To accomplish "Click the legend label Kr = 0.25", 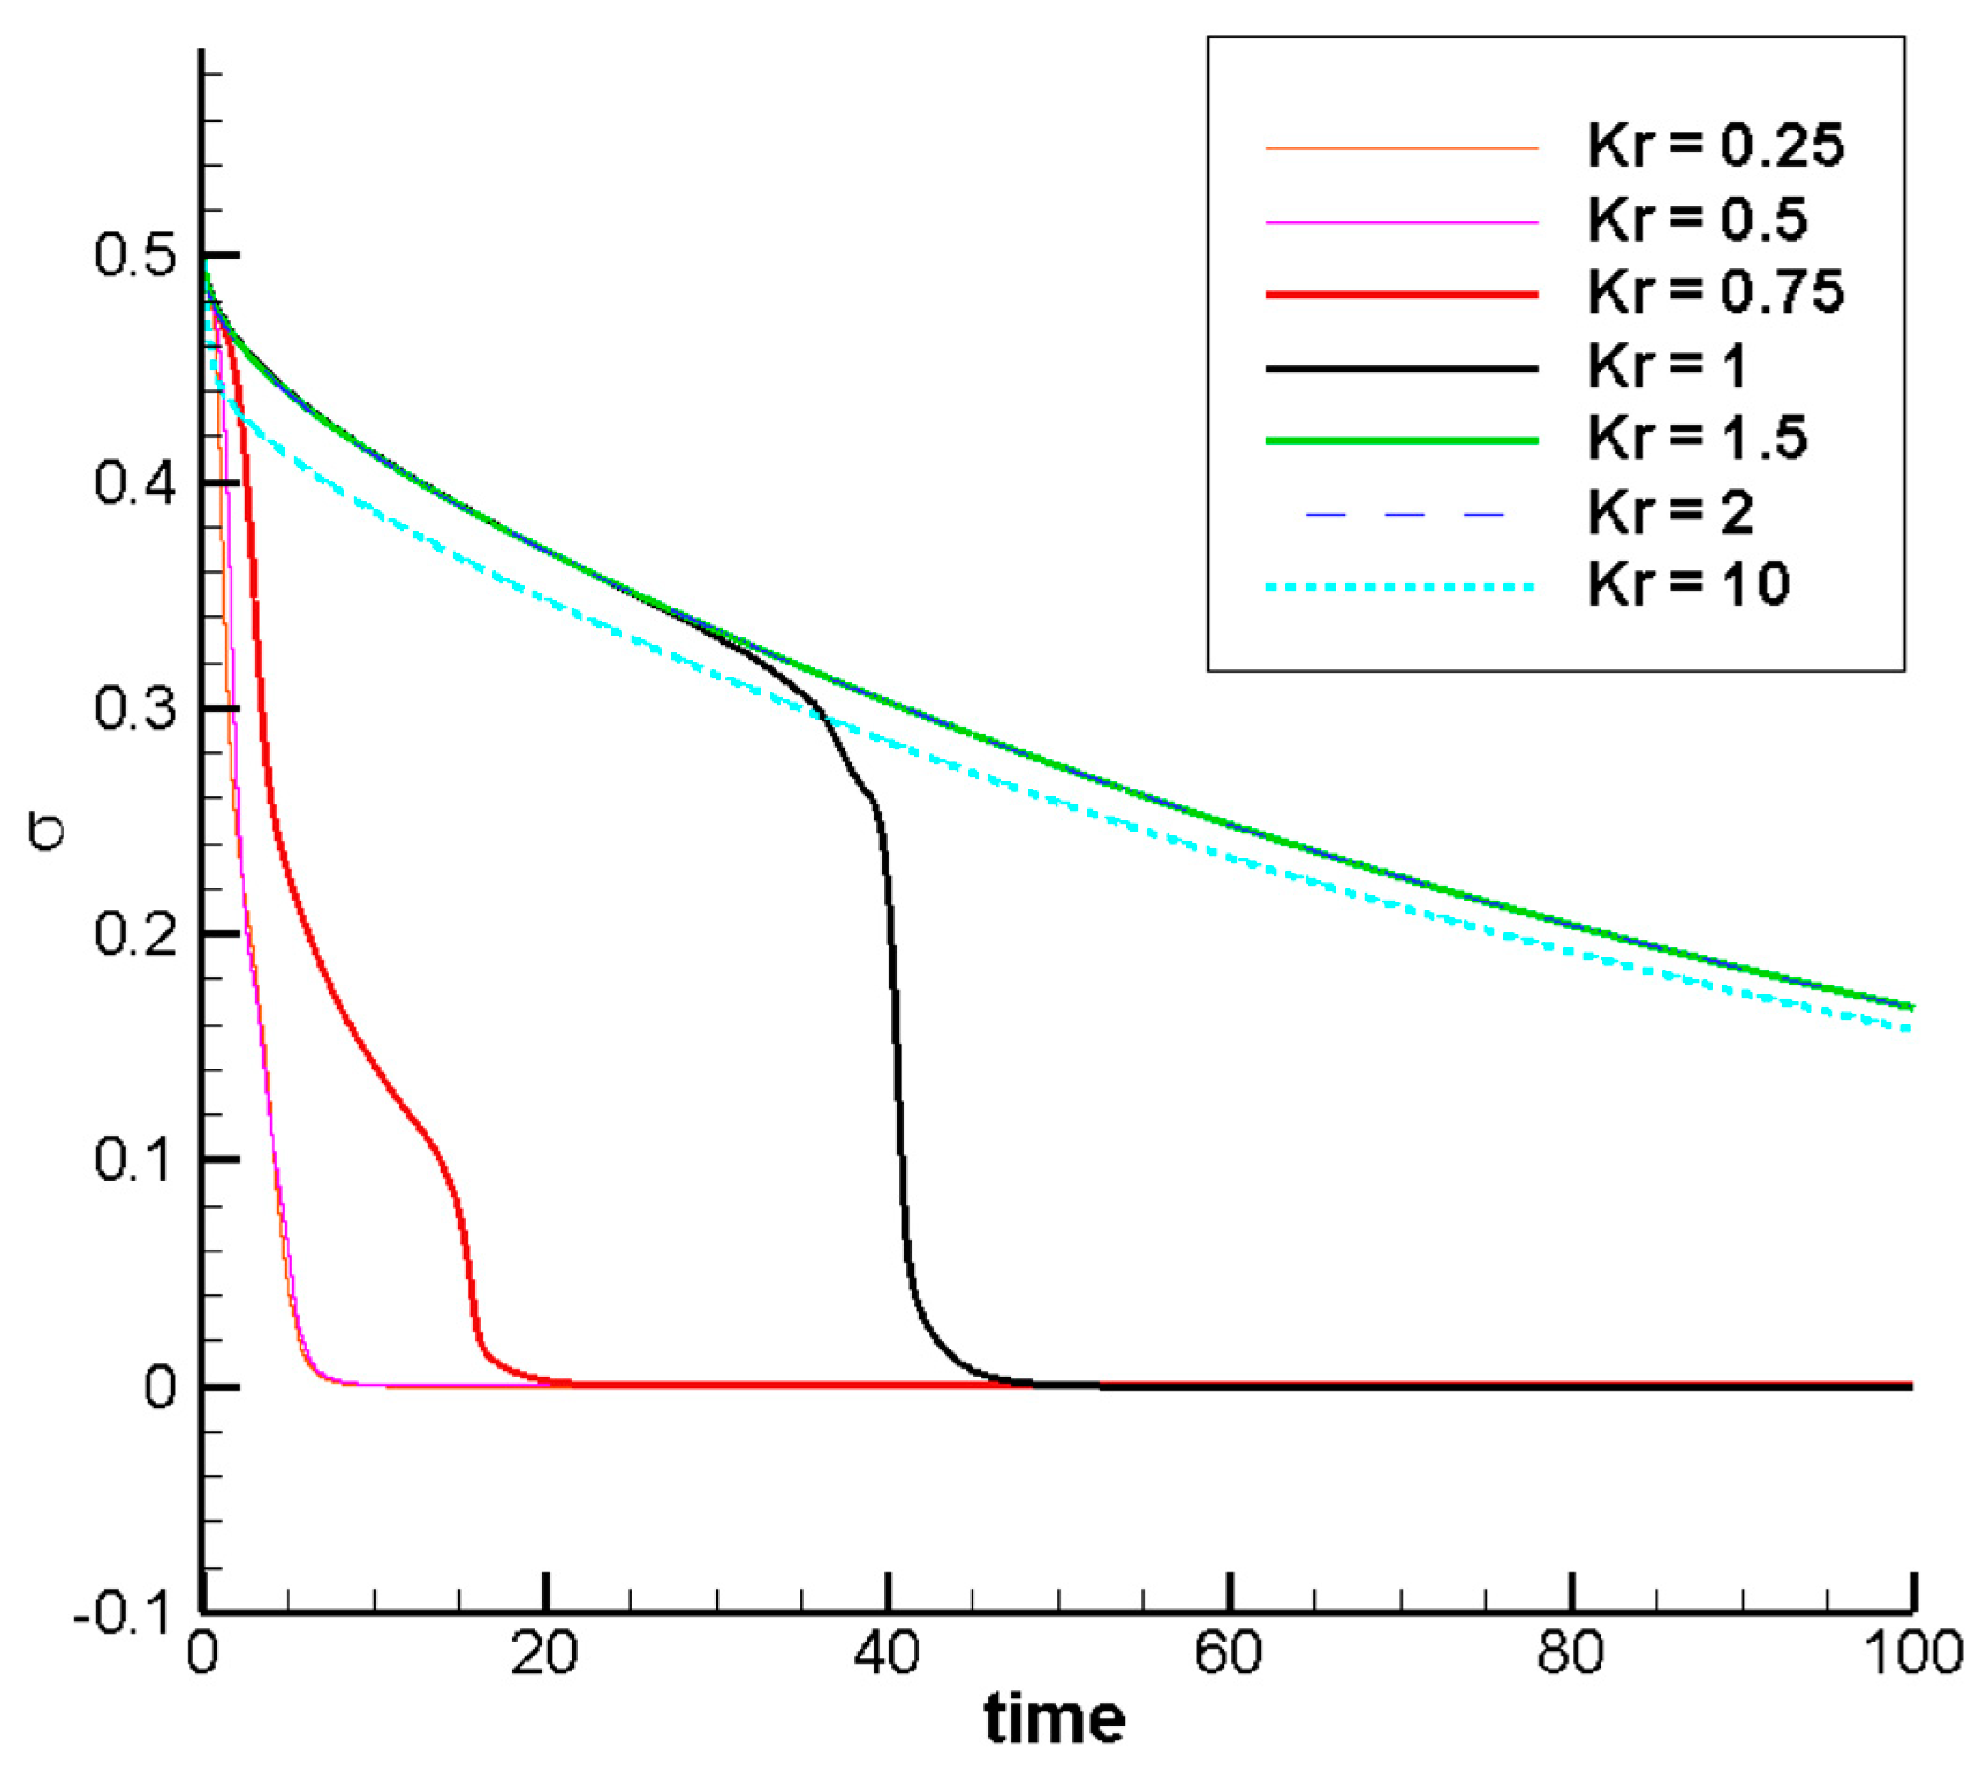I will pyautogui.click(x=1714, y=147).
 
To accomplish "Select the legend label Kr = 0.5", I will pyautogui.click(x=1697, y=219).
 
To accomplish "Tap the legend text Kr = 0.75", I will pyautogui.click(x=1714, y=293).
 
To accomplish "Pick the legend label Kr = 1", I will pyautogui.click(x=1666, y=367).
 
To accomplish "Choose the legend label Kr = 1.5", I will pyautogui.click(x=1697, y=439).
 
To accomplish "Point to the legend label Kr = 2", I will pyautogui.click(x=1670, y=512).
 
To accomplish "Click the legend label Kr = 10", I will pyautogui.click(x=1687, y=585).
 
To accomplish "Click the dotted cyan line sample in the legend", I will pyautogui.click(x=1401, y=587).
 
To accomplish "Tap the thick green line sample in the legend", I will pyautogui.click(x=1401, y=440).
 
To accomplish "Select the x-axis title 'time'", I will pyautogui.click(x=1054, y=1719).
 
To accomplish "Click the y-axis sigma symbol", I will pyautogui.click(x=47, y=835).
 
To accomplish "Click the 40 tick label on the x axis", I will pyautogui.click(x=886, y=1655).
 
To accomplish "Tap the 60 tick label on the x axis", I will pyautogui.click(x=1229, y=1655).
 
